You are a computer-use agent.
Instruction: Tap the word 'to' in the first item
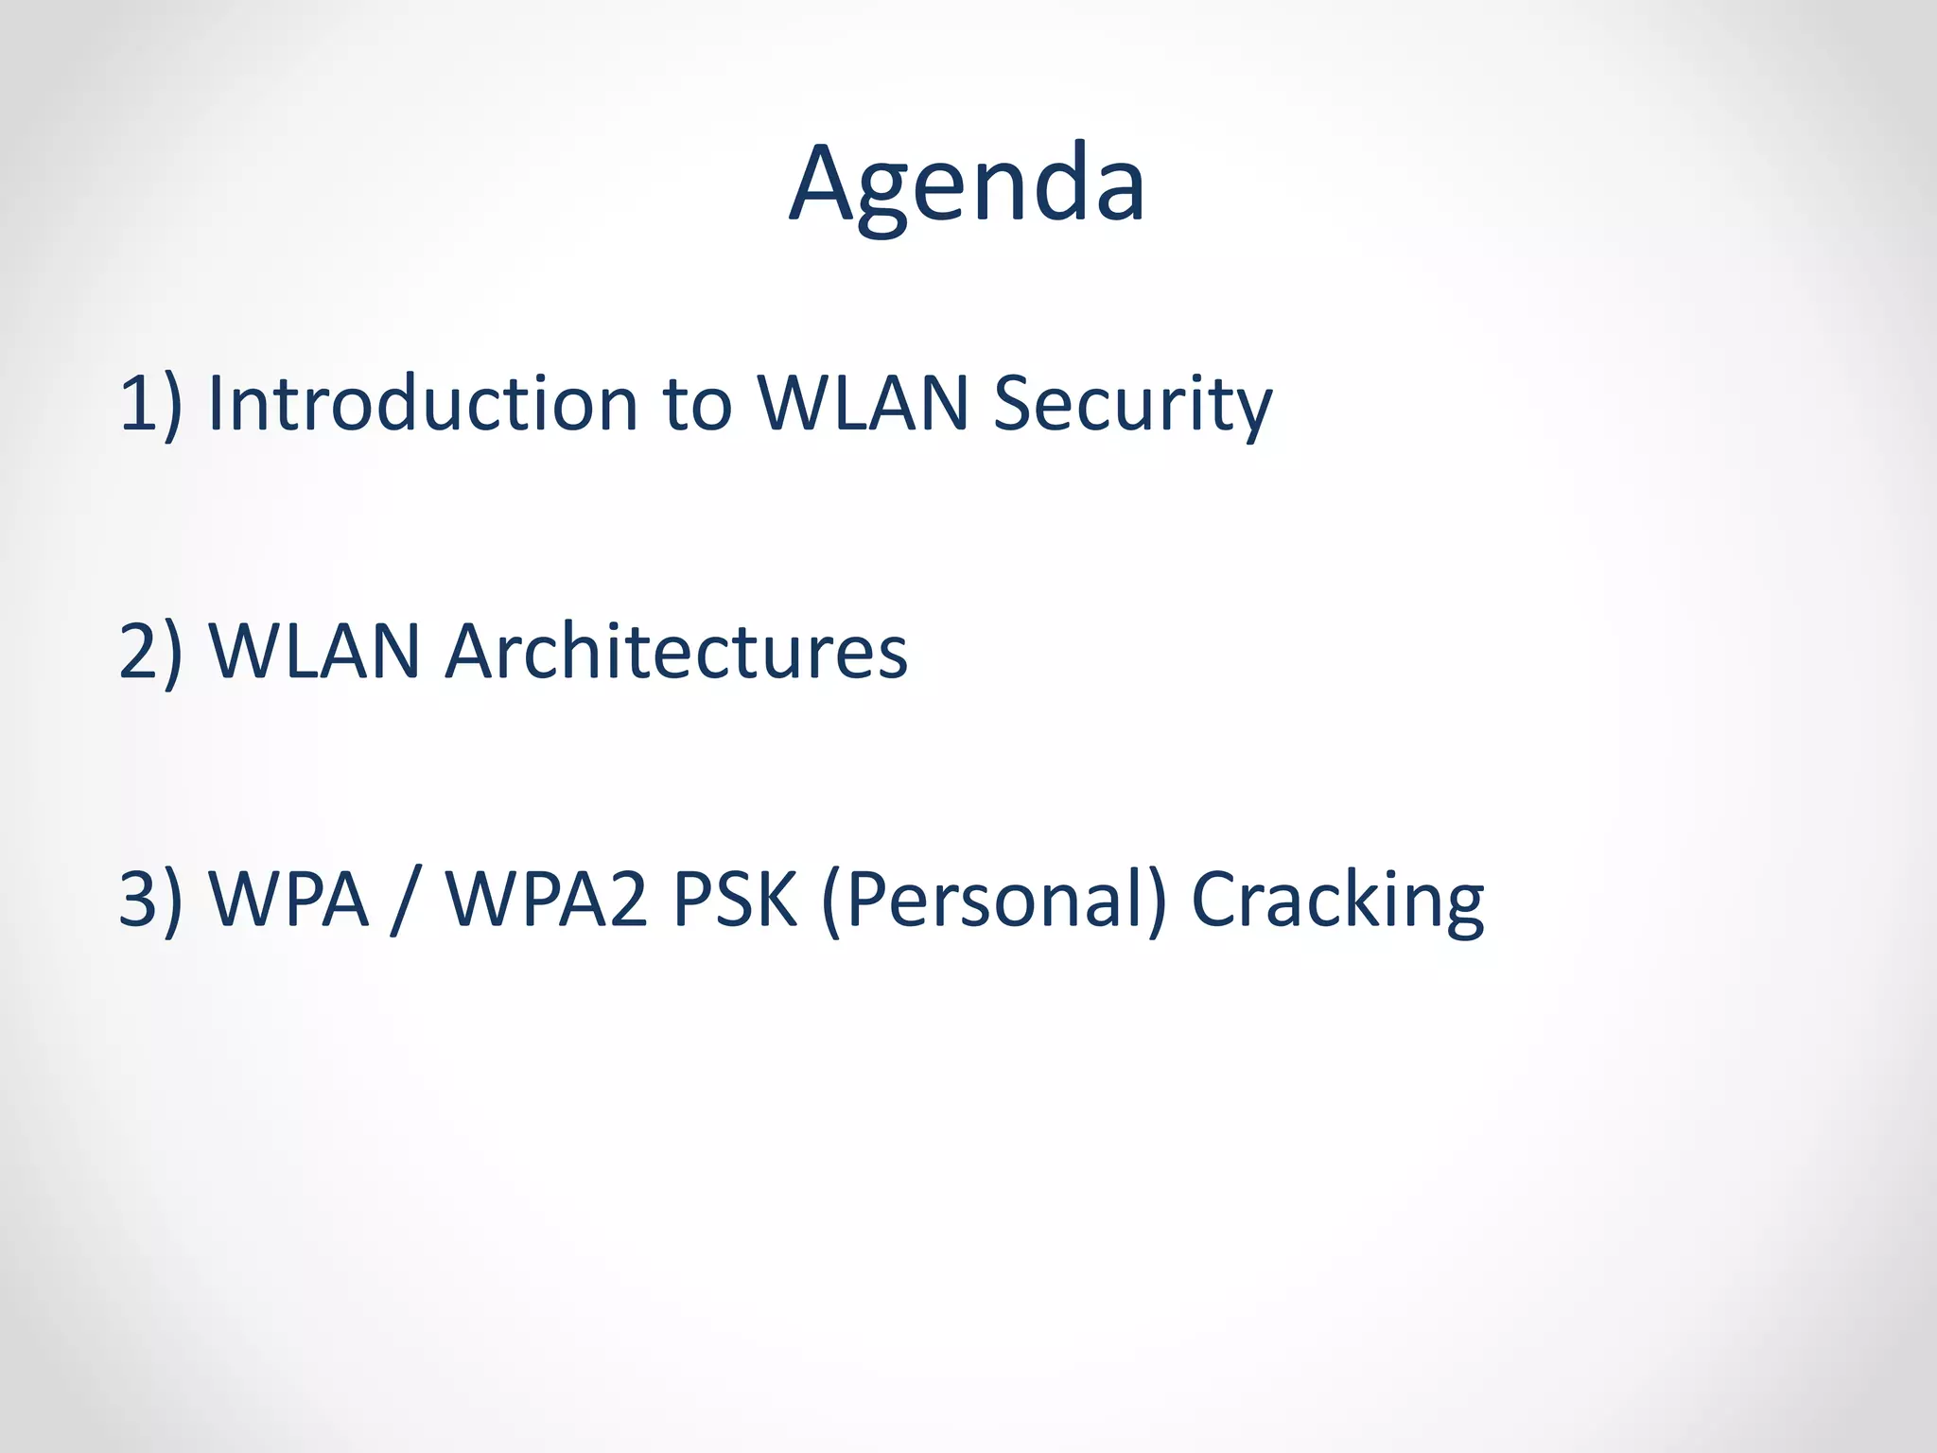[x=697, y=404]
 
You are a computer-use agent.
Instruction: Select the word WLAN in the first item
[x=863, y=404]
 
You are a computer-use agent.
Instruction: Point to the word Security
[x=1132, y=407]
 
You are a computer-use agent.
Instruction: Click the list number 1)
[x=150, y=404]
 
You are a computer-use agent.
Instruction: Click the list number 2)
[x=150, y=652]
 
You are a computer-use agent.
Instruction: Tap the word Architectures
[x=675, y=652]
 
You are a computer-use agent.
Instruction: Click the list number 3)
[x=150, y=900]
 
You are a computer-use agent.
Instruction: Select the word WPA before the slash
[x=288, y=900]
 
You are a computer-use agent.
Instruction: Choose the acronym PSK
[x=734, y=900]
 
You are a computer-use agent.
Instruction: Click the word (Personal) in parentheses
[x=995, y=902]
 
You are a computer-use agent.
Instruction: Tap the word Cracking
[x=1336, y=902]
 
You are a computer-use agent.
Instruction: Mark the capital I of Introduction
[x=217, y=404]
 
